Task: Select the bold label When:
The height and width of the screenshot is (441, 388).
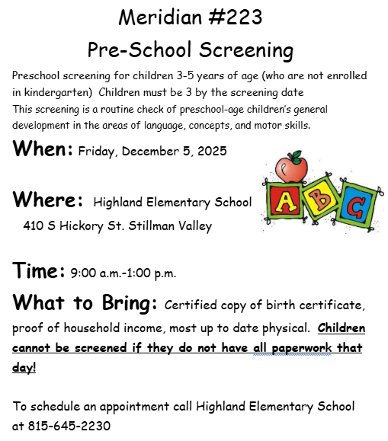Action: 43,149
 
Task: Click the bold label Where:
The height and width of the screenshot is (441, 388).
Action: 47,200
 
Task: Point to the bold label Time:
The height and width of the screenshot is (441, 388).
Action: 38,271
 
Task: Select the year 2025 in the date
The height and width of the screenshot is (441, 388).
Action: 211,152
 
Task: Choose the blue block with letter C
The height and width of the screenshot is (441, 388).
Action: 353,206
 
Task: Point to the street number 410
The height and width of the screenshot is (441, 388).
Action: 34,225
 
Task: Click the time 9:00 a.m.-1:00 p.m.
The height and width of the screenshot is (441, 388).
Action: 123,273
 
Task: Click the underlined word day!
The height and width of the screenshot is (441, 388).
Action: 24,369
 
